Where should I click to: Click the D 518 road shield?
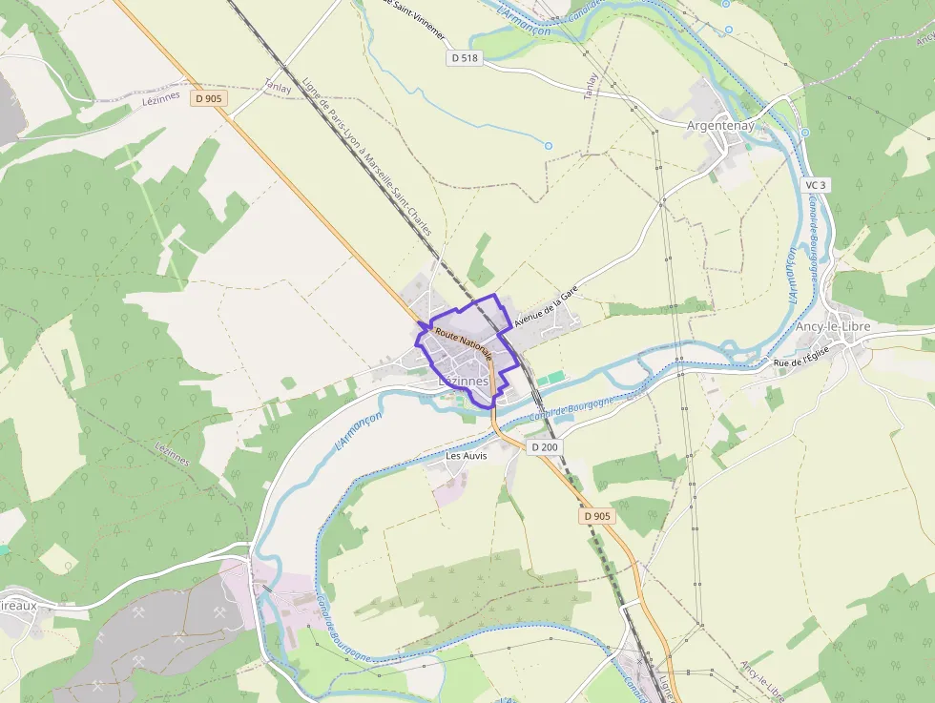tap(464, 58)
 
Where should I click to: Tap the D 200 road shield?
tap(544, 446)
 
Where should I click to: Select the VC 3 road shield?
tap(814, 185)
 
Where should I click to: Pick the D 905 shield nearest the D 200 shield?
tap(598, 516)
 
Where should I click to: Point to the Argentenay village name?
tap(720, 125)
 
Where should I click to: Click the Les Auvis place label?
tap(467, 456)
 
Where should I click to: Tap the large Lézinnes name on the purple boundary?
tap(462, 381)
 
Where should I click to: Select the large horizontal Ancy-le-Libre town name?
tap(833, 327)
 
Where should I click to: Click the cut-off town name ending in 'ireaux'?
tap(18, 605)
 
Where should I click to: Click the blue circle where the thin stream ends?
tap(548, 146)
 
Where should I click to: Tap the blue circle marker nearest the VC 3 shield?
tap(804, 133)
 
